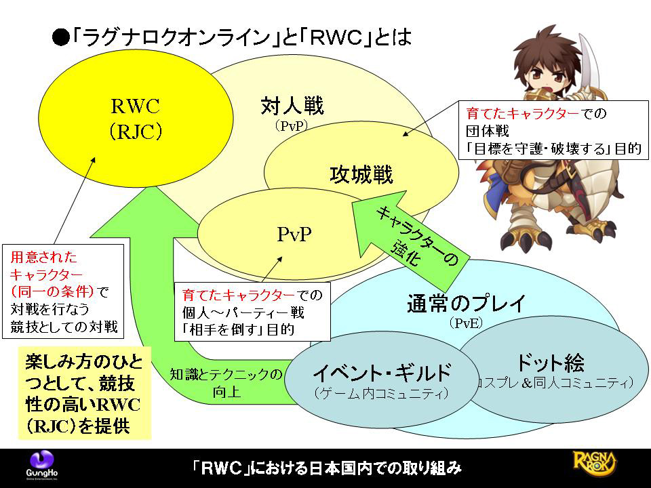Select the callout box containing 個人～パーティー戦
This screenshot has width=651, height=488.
pos(252,312)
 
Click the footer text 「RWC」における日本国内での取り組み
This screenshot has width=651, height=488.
pos(325,468)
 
